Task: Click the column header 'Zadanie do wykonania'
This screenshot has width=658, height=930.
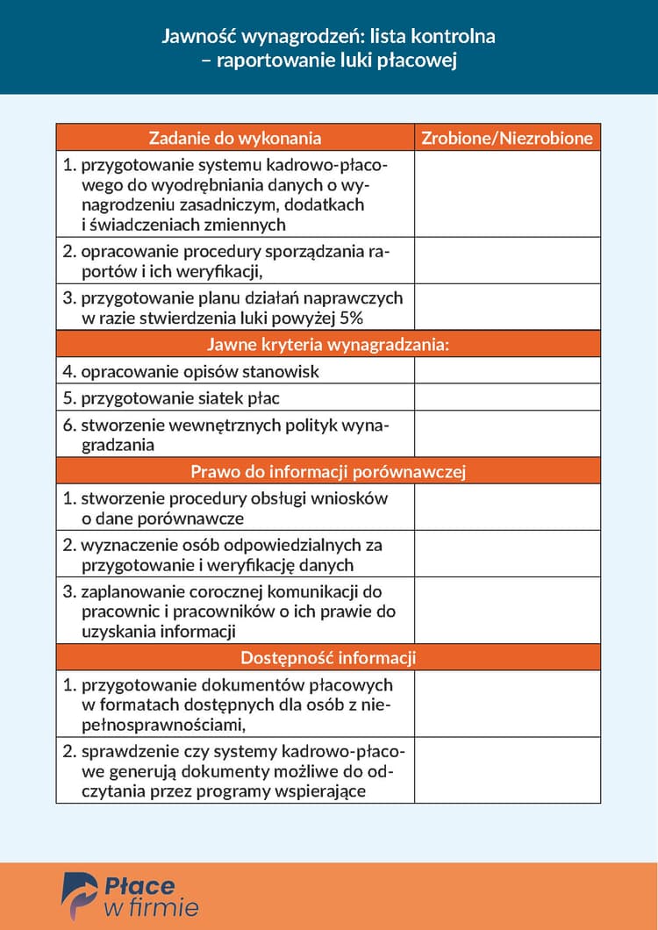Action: click(x=235, y=138)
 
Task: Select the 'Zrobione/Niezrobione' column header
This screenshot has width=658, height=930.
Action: click(x=507, y=138)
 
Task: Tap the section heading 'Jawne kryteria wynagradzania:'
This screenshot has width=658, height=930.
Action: click(x=328, y=344)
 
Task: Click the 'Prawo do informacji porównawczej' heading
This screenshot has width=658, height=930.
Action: click(x=328, y=471)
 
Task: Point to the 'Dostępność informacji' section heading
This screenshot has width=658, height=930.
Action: click(x=328, y=657)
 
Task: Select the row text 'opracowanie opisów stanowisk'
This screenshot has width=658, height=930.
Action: click(x=200, y=371)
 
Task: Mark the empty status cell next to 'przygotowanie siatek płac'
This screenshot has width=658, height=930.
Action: click(x=507, y=398)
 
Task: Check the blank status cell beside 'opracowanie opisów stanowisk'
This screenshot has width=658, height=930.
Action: click(x=507, y=371)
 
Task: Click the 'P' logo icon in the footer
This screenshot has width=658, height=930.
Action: click(x=78, y=896)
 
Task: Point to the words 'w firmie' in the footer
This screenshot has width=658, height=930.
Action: click(x=151, y=907)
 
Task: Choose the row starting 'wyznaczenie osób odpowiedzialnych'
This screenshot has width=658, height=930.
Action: click(x=232, y=554)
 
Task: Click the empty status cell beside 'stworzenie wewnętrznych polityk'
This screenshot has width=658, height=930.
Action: click(x=507, y=434)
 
